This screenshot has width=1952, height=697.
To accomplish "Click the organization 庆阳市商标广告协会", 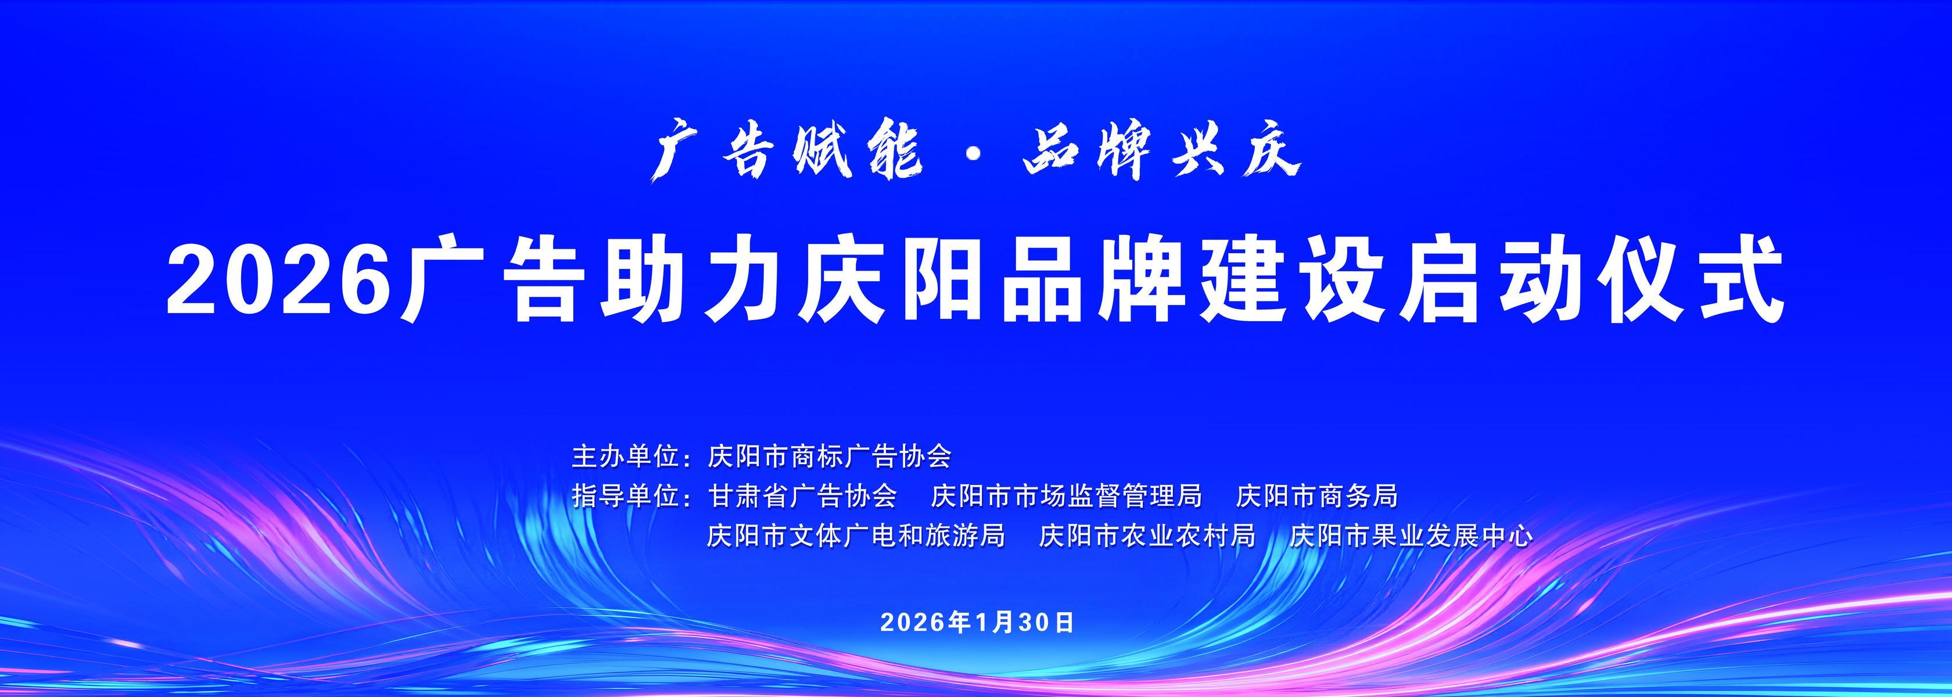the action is point(829,457).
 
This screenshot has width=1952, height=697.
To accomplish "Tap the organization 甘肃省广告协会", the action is point(802,496).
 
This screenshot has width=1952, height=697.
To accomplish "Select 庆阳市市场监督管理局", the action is point(1066,496).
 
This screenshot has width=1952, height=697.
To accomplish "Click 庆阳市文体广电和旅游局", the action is point(856,536).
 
